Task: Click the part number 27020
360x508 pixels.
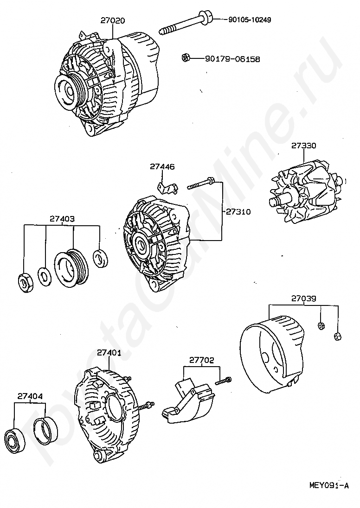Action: tap(113, 20)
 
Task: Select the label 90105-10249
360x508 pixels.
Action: tap(250, 20)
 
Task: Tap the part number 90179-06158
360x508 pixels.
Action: tap(232, 59)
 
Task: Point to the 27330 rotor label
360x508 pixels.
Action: tap(304, 145)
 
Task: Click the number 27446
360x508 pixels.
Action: tap(162, 166)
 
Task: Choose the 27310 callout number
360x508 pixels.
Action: tap(238, 212)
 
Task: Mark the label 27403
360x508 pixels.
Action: tap(62, 218)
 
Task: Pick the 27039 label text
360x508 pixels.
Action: tap(304, 298)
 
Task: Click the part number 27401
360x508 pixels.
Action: tap(109, 352)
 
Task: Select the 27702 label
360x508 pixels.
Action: tap(202, 359)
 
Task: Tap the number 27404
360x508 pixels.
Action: tap(30, 396)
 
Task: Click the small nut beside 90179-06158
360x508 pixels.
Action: tap(185, 58)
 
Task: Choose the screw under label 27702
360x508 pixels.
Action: tap(223, 381)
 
